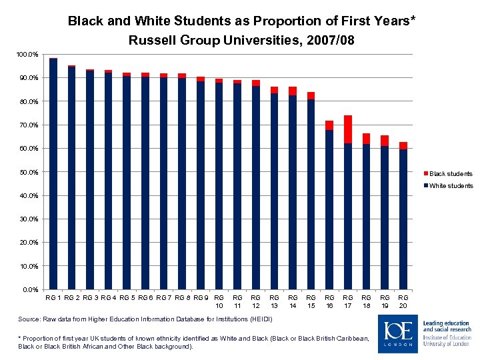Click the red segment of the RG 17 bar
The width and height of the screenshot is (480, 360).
pyautogui.click(x=348, y=129)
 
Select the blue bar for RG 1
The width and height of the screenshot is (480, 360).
pyautogui.click(x=53, y=173)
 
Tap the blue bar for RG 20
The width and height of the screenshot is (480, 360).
pyautogui.click(x=403, y=220)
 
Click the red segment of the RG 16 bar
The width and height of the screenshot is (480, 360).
pyautogui.click(x=329, y=125)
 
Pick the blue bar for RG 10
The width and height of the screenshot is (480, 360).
pyautogui.click(x=219, y=187)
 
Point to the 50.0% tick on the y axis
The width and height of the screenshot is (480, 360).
pyautogui.click(x=29, y=172)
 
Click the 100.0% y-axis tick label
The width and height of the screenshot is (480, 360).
pyautogui.click(x=28, y=54)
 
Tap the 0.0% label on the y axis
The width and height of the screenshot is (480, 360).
pyautogui.click(x=31, y=290)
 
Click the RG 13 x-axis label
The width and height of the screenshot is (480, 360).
pyautogui.click(x=274, y=301)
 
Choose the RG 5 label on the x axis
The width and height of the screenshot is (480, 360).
pyautogui.click(x=127, y=297)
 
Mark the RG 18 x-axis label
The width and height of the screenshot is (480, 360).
pyautogui.click(x=366, y=301)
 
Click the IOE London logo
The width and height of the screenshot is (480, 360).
pyautogui.click(x=399, y=333)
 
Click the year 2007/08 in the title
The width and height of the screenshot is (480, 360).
pyautogui.click(x=326, y=41)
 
